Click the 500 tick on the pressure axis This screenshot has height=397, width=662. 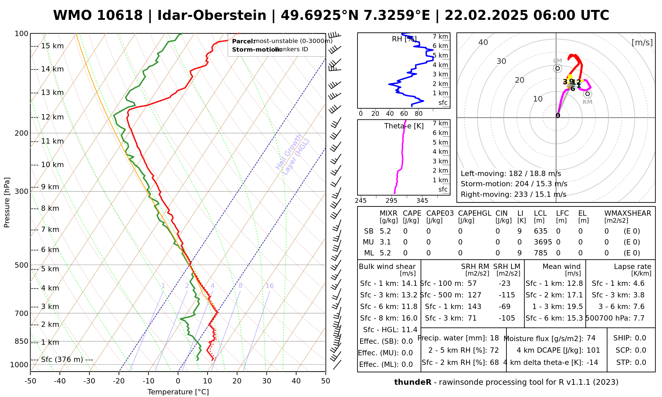click(22, 265)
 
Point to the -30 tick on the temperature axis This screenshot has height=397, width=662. click(89, 381)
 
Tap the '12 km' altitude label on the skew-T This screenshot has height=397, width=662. click(52, 117)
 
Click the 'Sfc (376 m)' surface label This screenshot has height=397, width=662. click(62, 360)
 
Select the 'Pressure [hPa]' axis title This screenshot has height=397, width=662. click(7, 202)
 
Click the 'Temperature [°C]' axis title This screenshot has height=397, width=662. click(178, 392)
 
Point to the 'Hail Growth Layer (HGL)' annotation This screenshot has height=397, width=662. click(293, 155)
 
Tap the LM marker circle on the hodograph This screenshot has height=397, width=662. click(558, 68)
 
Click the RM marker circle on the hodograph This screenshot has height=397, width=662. click(588, 94)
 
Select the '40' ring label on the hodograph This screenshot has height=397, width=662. click(483, 42)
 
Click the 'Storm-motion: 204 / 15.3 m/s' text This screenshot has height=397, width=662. click(514, 184)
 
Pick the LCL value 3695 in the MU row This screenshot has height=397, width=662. click(543, 242)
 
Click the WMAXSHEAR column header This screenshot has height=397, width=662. click(628, 213)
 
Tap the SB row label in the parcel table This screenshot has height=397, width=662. click(369, 231)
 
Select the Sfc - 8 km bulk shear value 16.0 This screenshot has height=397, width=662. click(409, 318)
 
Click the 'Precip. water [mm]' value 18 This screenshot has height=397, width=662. click(494, 338)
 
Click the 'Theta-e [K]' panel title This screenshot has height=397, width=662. click(404, 126)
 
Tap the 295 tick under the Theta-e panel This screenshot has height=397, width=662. click(392, 201)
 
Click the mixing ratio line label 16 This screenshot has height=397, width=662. click(270, 286)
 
